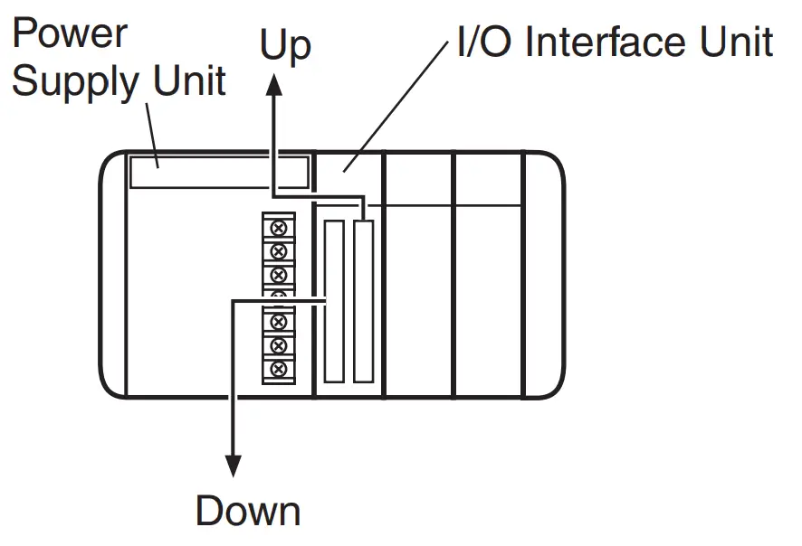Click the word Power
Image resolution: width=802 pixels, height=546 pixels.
pyautogui.click(x=70, y=34)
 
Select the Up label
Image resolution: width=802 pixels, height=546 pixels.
pyautogui.click(x=285, y=45)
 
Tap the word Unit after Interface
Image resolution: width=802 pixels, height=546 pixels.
pyautogui.click(x=734, y=42)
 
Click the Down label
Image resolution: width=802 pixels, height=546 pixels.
pyautogui.click(x=247, y=511)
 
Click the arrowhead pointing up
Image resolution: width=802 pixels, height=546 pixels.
pyautogui.click(x=273, y=84)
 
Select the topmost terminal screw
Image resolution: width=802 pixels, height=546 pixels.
pyautogui.click(x=278, y=227)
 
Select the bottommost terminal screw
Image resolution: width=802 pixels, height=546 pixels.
pyautogui.click(x=278, y=369)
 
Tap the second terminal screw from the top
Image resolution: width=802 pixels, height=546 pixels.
pyautogui.click(x=278, y=250)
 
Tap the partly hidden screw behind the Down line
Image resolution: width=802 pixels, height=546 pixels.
pyautogui.click(x=278, y=295)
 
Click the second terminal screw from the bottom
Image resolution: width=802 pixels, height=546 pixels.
pyautogui.click(x=278, y=345)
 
